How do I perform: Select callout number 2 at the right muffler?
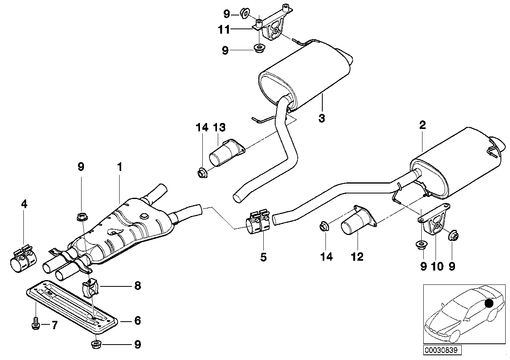422,126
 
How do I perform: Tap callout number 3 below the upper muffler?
322,118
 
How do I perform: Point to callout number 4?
24,204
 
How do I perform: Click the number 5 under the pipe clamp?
263,257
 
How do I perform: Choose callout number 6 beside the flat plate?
137,320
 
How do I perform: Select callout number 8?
137,286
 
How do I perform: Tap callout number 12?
357,257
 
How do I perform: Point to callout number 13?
219,127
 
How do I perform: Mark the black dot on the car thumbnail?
490,303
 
